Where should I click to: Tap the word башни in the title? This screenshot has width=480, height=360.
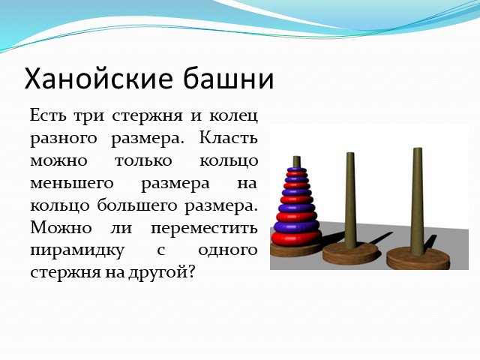pyautogui.click(x=229, y=77)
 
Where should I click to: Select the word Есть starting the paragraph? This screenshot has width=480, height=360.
pyautogui.click(x=48, y=115)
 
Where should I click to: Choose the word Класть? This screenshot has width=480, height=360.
pyautogui.click(x=228, y=138)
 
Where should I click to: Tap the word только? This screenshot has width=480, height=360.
pyautogui.click(x=143, y=161)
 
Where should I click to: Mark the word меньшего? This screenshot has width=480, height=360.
pyautogui.click(x=72, y=184)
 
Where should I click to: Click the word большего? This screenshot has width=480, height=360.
pyautogui.click(x=137, y=205)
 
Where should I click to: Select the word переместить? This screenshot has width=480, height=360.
pyautogui.click(x=204, y=228)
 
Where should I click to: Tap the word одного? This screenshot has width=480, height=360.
pyautogui.click(x=227, y=251)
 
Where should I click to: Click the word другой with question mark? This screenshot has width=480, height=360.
pyautogui.click(x=161, y=271)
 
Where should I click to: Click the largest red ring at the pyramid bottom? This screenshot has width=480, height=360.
pyautogui.click(x=296, y=238)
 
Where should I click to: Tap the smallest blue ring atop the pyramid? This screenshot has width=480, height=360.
pyautogui.click(x=297, y=169)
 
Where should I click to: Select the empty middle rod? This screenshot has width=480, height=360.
pyautogui.click(x=350, y=200)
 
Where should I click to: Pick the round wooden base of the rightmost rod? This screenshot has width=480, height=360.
pyautogui.click(x=418, y=258)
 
